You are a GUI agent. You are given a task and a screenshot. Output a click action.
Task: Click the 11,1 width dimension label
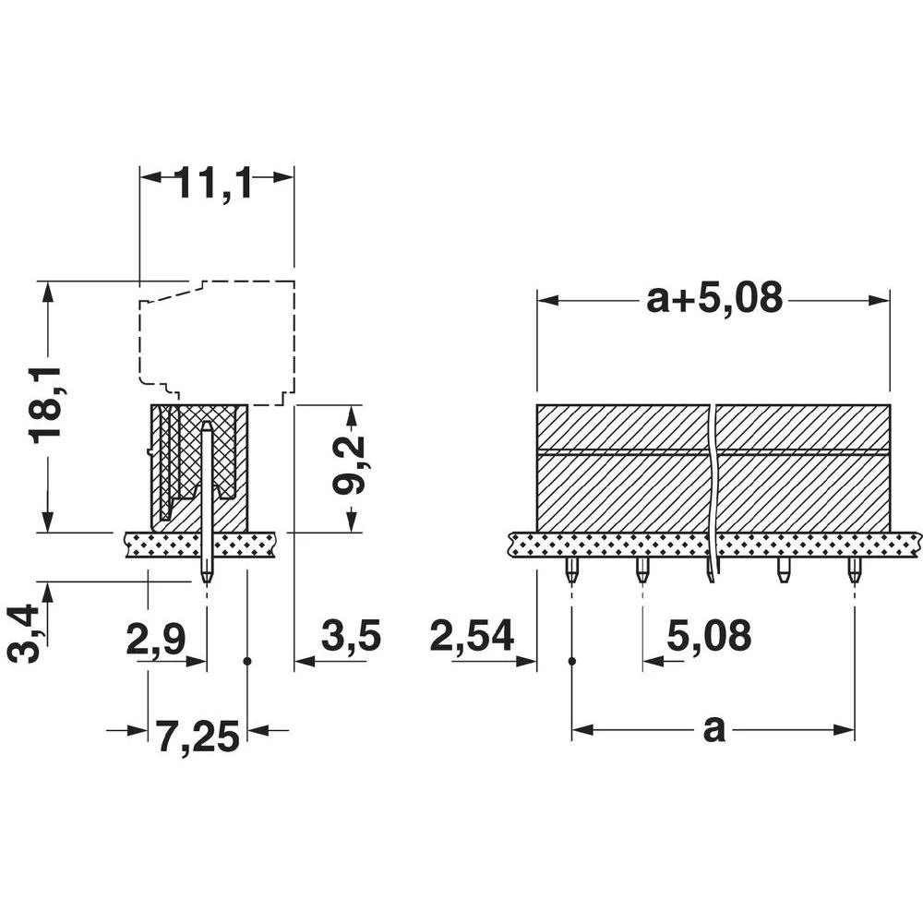point(213,185)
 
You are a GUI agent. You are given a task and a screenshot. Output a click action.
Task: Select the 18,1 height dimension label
point(46,404)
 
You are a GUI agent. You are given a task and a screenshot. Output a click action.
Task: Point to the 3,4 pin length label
point(24,633)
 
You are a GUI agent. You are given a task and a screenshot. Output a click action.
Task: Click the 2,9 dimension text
point(156,639)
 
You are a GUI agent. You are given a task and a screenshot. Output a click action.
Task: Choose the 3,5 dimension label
point(351,637)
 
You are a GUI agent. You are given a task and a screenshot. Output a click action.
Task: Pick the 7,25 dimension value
point(198,737)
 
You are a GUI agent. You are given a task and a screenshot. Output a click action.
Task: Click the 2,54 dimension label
point(472,637)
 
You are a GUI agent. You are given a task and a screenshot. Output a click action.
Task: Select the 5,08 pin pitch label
point(709,637)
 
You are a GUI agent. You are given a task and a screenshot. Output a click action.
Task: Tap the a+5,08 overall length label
point(714,298)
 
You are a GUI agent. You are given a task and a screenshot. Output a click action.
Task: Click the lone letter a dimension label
point(713,729)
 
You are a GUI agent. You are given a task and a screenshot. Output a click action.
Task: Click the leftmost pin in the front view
point(572,569)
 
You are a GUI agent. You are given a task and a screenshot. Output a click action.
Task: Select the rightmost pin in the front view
point(855,569)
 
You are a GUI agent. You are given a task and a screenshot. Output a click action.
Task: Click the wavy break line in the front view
point(712,489)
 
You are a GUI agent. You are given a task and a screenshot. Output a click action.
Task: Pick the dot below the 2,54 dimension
point(572,661)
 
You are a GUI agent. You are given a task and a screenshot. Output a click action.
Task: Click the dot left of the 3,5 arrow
point(247,661)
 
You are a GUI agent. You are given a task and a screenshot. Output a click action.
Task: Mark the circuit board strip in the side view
point(199,544)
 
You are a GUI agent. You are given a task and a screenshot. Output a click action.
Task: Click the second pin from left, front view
point(642,569)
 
